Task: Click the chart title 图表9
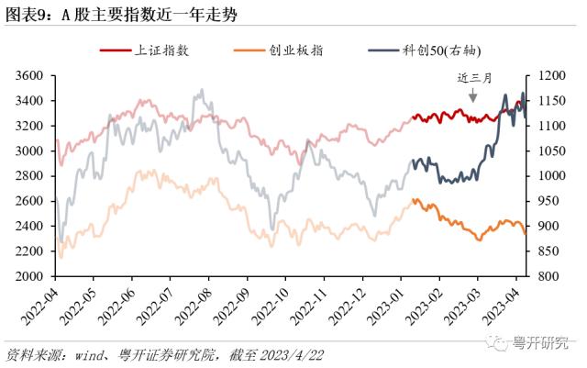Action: click(28, 12)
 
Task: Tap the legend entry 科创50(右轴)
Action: click(436, 50)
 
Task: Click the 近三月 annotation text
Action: click(474, 78)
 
